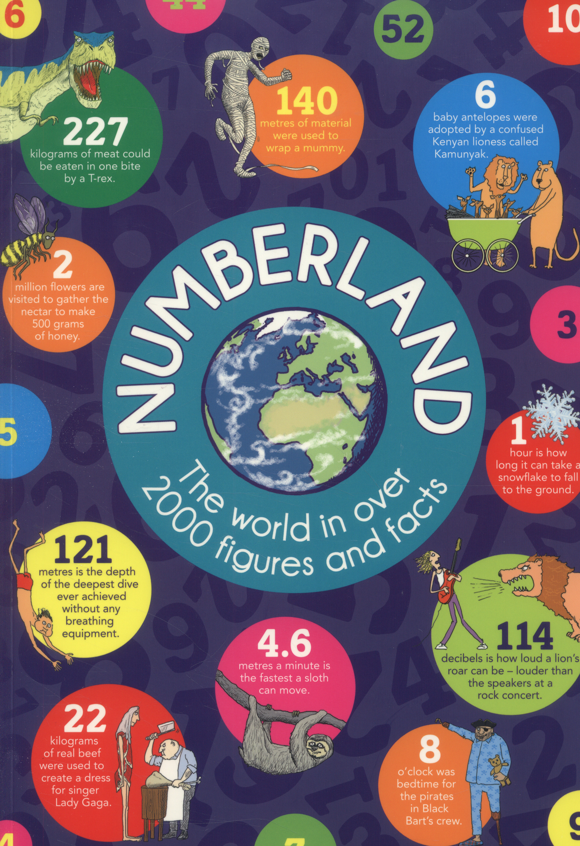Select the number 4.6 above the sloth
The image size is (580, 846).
point(284,644)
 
